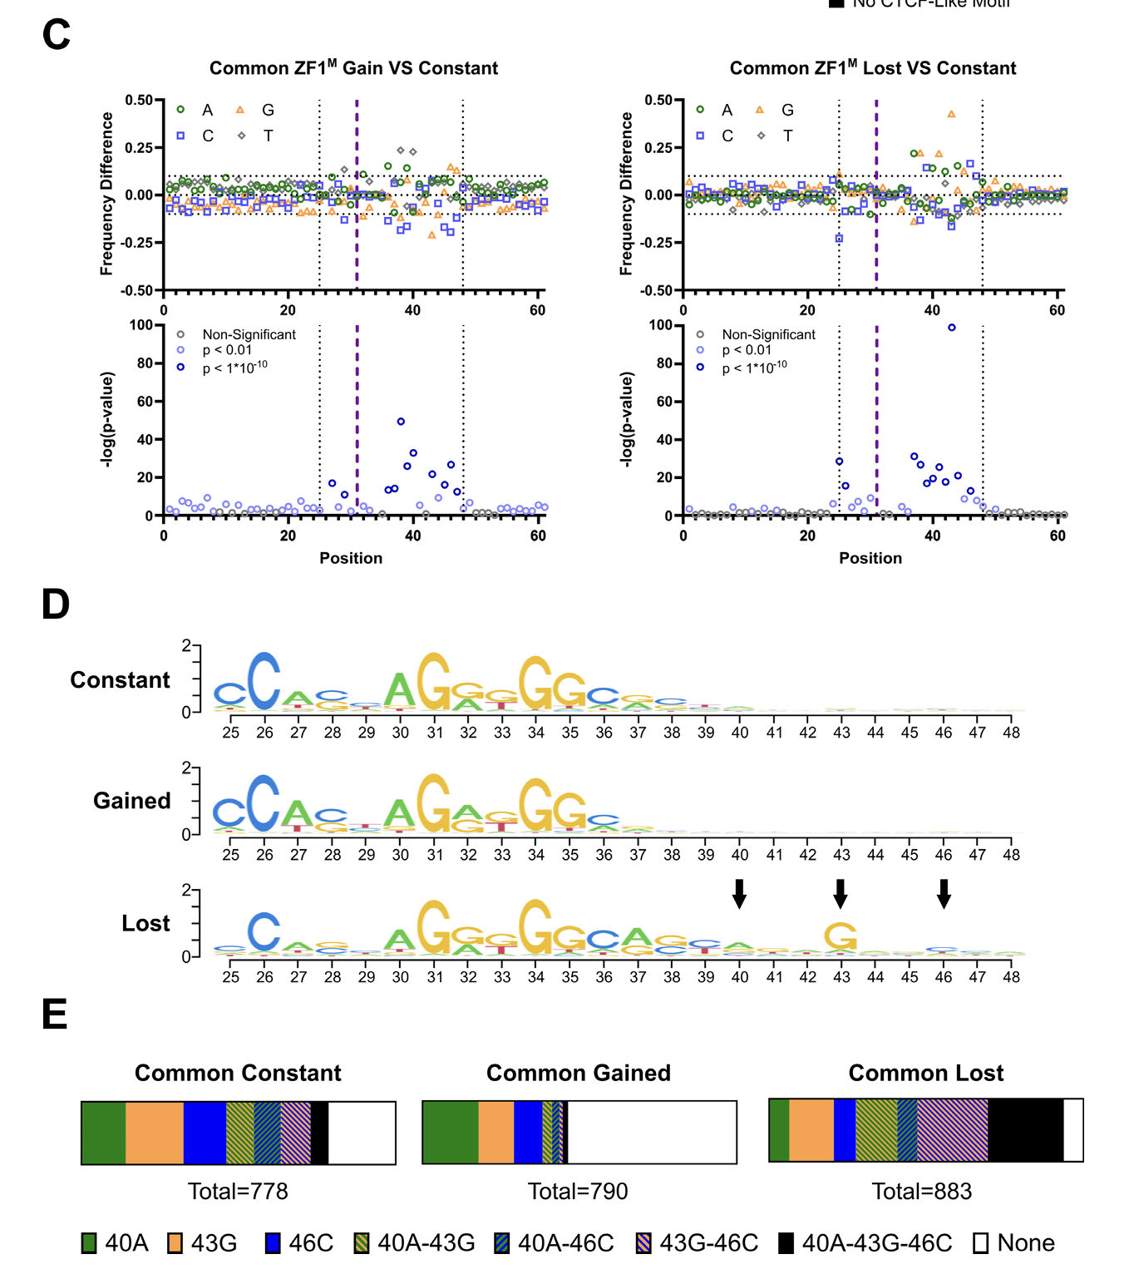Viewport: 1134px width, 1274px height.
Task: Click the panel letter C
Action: pyautogui.click(x=57, y=35)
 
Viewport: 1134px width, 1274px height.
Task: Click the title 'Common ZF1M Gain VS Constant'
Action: pyautogui.click(x=353, y=68)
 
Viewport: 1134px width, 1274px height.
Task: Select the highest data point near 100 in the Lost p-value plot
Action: pyautogui.click(x=952, y=328)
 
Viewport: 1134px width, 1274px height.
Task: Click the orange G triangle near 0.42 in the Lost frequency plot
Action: pyautogui.click(x=951, y=115)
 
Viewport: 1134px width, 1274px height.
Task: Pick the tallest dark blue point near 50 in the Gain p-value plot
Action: pyautogui.click(x=401, y=422)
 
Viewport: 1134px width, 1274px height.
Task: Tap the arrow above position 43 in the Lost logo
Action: pyautogui.click(x=841, y=894)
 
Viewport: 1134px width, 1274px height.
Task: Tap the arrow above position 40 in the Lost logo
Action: pyautogui.click(x=739, y=894)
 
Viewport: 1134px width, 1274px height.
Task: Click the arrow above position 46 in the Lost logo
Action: pyautogui.click(x=944, y=894)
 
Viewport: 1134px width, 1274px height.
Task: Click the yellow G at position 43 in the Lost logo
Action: pyautogui.click(x=841, y=936)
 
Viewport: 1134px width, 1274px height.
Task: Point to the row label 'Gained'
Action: pyautogui.click(x=131, y=801)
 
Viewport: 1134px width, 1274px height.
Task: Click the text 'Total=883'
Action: pyautogui.click(x=922, y=1192)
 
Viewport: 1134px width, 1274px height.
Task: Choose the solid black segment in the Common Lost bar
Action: pyautogui.click(x=1025, y=1129)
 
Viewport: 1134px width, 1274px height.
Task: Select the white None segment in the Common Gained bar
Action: pyautogui.click(x=652, y=1133)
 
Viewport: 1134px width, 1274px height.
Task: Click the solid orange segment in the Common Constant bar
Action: pyautogui.click(x=155, y=1133)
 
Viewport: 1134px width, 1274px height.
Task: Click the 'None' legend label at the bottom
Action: pyautogui.click(x=1026, y=1243)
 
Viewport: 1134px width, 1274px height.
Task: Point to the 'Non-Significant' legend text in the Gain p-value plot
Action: pyautogui.click(x=249, y=334)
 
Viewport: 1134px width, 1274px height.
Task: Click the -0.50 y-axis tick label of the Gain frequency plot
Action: pyautogui.click(x=138, y=291)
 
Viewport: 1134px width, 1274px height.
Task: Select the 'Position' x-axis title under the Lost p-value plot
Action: pyautogui.click(x=870, y=558)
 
